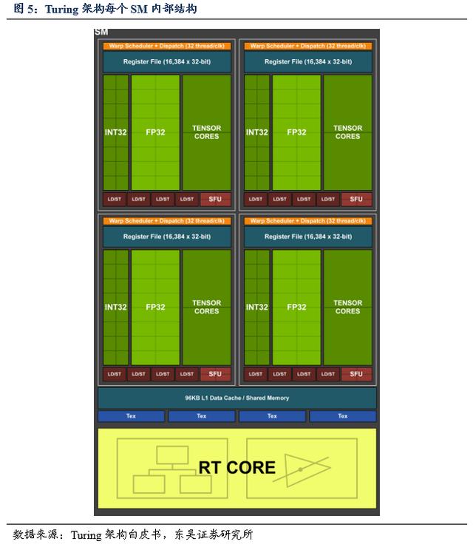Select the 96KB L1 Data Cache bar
click(236, 398)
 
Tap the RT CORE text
click(236, 467)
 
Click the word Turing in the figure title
click(65, 9)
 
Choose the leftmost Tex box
click(131, 416)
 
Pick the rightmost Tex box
click(342, 416)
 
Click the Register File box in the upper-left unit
click(166, 62)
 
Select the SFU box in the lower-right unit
click(356, 374)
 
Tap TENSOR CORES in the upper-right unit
click(347, 132)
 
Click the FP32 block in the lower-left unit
click(155, 307)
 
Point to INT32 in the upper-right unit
click(256, 132)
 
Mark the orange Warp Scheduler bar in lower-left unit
click(166, 220)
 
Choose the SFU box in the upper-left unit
click(215, 200)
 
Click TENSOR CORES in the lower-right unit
click(347, 307)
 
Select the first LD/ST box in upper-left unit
click(114, 200)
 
